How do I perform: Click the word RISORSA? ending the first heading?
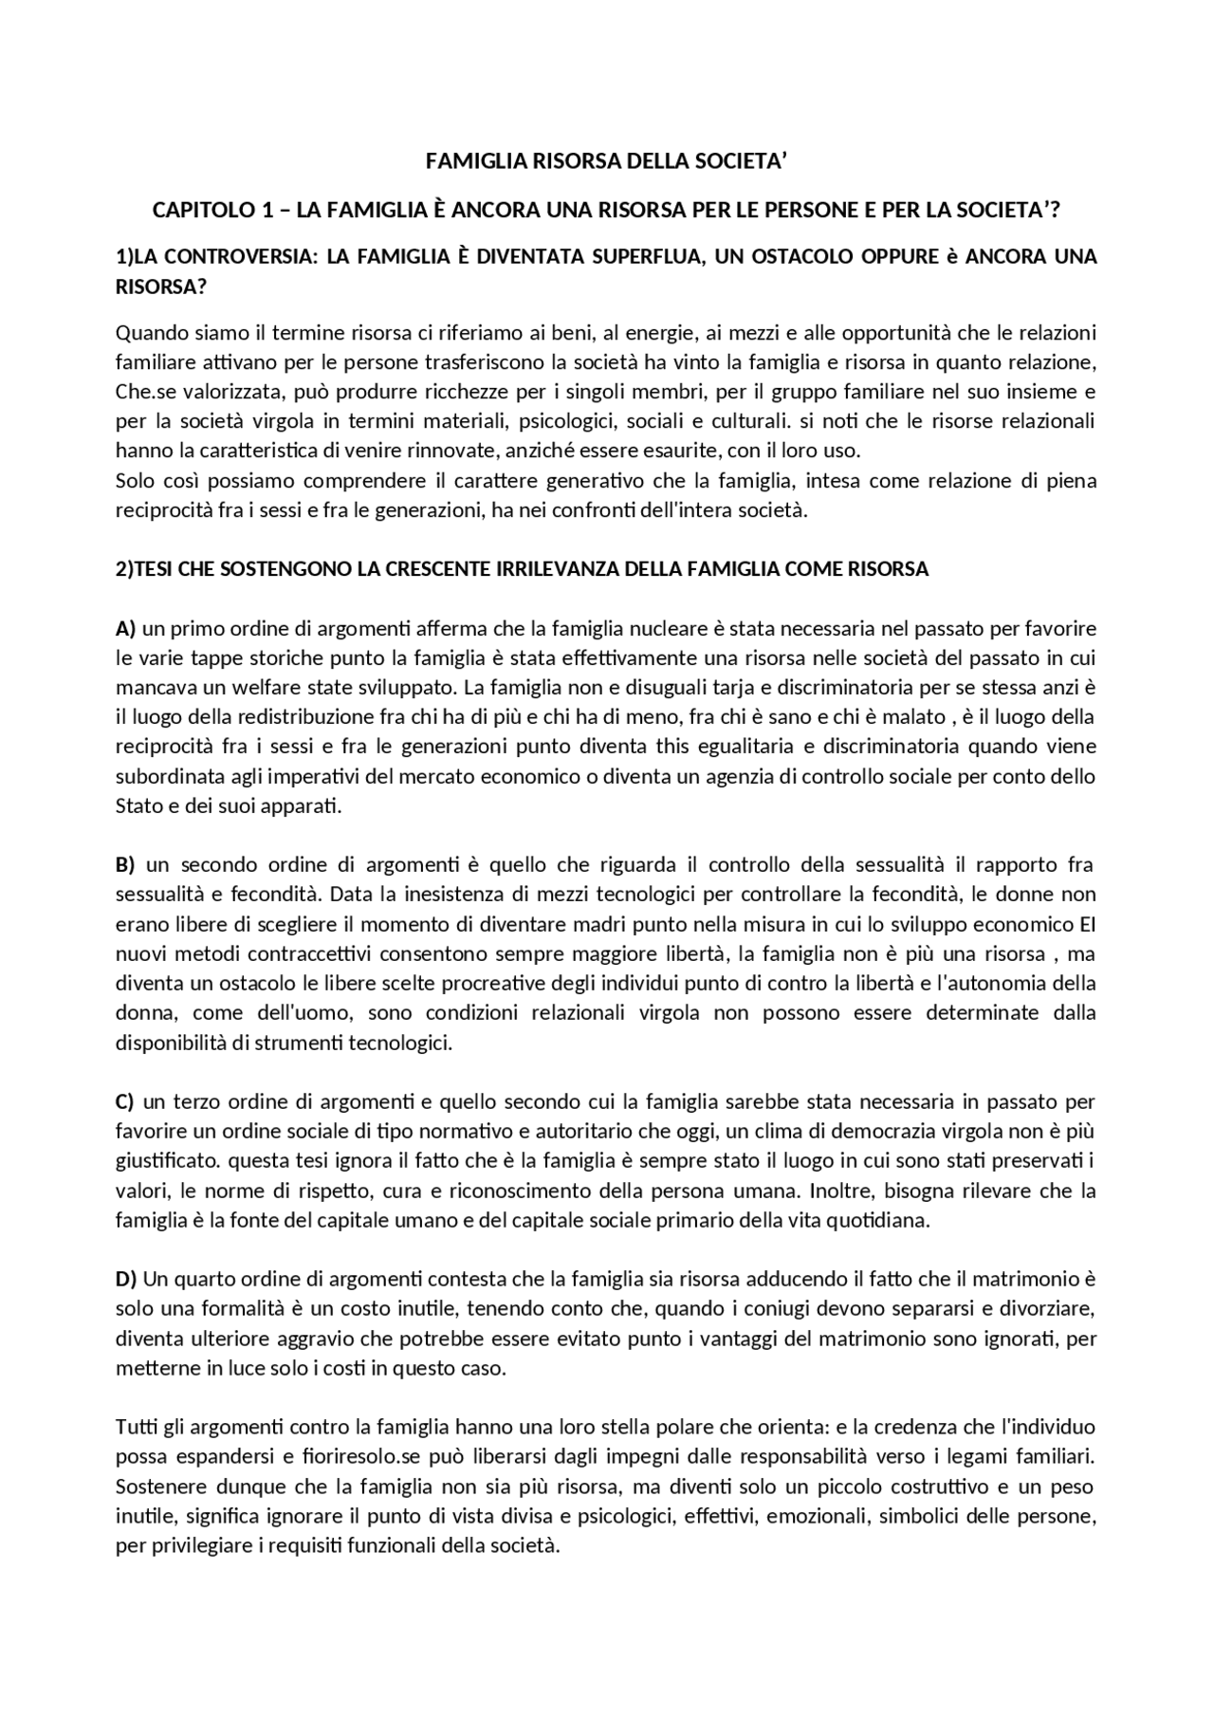tap(161, 286)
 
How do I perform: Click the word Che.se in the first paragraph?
tap(142, 392)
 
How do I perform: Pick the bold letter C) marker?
tap(125, 1101)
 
